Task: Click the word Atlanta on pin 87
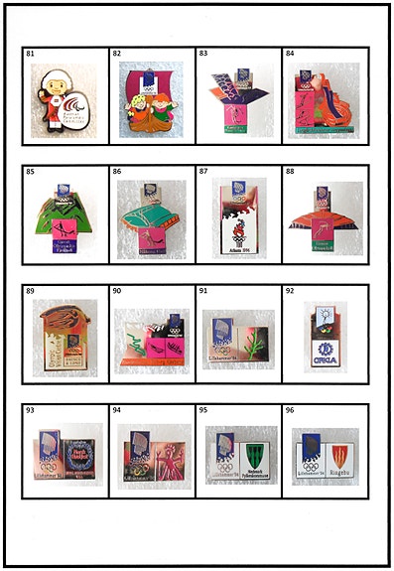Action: pos(236,249)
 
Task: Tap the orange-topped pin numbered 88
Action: pos(323,211)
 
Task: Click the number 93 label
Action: pos(30,410)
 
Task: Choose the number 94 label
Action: pos(116,410)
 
